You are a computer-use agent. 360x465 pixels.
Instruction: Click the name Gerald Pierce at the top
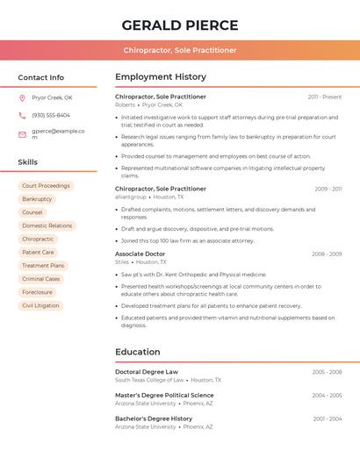pyautogui.click(x=180, y=25)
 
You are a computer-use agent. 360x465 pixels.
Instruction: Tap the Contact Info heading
pyautogui.click(x=40, y=77)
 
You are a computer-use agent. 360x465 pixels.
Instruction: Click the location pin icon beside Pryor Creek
pyautogui.click(x=22, y=97)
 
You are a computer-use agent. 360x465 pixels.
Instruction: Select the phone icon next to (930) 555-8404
pyautogui.click(x=22, y=115)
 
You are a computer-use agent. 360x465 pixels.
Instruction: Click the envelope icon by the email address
pyautogui.click(x=22, y=134)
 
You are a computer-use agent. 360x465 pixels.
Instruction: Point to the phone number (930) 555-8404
pyautogui.click(x=51, y=115)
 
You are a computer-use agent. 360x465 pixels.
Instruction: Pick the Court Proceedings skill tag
pyautogui.click(x=46, y=186)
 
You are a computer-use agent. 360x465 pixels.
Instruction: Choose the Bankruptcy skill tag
pyautogui.click(x=37, y=199)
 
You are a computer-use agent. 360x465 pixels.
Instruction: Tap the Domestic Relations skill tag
pyautogui.click(x=47, y=225)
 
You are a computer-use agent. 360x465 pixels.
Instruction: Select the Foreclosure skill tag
pyautogui.click(x=37, y=292)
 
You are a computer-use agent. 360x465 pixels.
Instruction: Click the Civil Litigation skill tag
pyautogui.click(x=40, y=305)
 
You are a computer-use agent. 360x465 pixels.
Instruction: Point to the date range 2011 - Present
pyautogui.click(x=324, y=97)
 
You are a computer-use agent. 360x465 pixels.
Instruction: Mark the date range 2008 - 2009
pyautogui.click(x=326, y=254)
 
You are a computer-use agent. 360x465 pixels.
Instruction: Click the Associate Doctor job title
pyautogui.click(x=140, y=254)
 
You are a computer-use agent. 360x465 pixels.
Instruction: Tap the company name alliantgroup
pyautogui.click(x=131, y=197)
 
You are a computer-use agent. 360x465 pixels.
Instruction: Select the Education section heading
pyautogui.click(x=138, y=352)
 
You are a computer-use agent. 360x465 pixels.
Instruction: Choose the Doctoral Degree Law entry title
pyautogui.click(x=147, y=372)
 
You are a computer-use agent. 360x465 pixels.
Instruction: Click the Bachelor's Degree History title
pyautogui.click(x=154, y=418)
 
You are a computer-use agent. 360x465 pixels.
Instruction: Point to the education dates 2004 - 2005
pyautogui.click(x=327, y=396)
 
